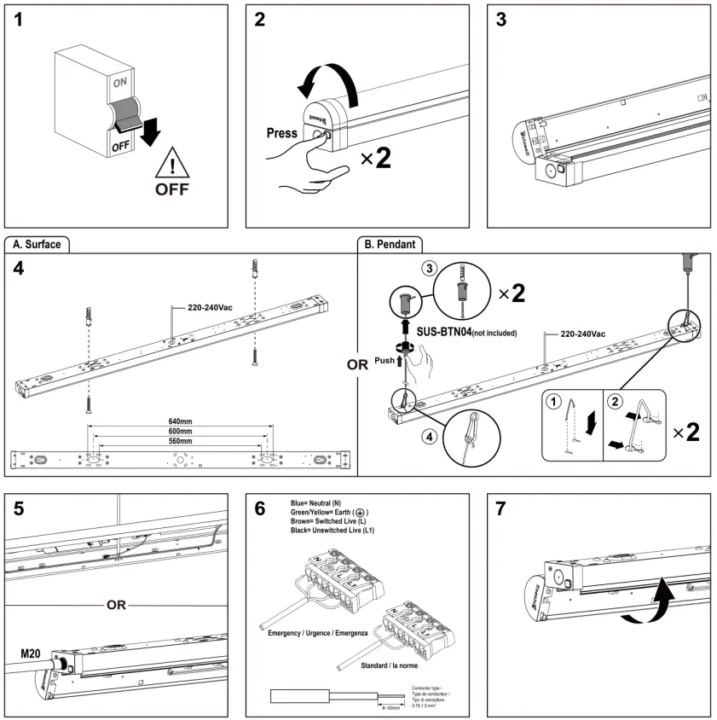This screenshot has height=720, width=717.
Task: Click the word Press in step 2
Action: (282, 133)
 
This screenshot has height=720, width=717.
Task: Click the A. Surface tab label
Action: (37, 244)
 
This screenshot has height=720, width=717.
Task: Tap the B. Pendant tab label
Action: (390, 244)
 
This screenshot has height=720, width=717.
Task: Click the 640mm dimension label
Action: (180, 421)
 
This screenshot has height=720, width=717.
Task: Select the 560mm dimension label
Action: (180, 441)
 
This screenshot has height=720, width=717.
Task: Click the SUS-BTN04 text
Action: (442, 332)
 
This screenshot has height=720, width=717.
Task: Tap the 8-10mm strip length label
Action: (390, 707)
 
